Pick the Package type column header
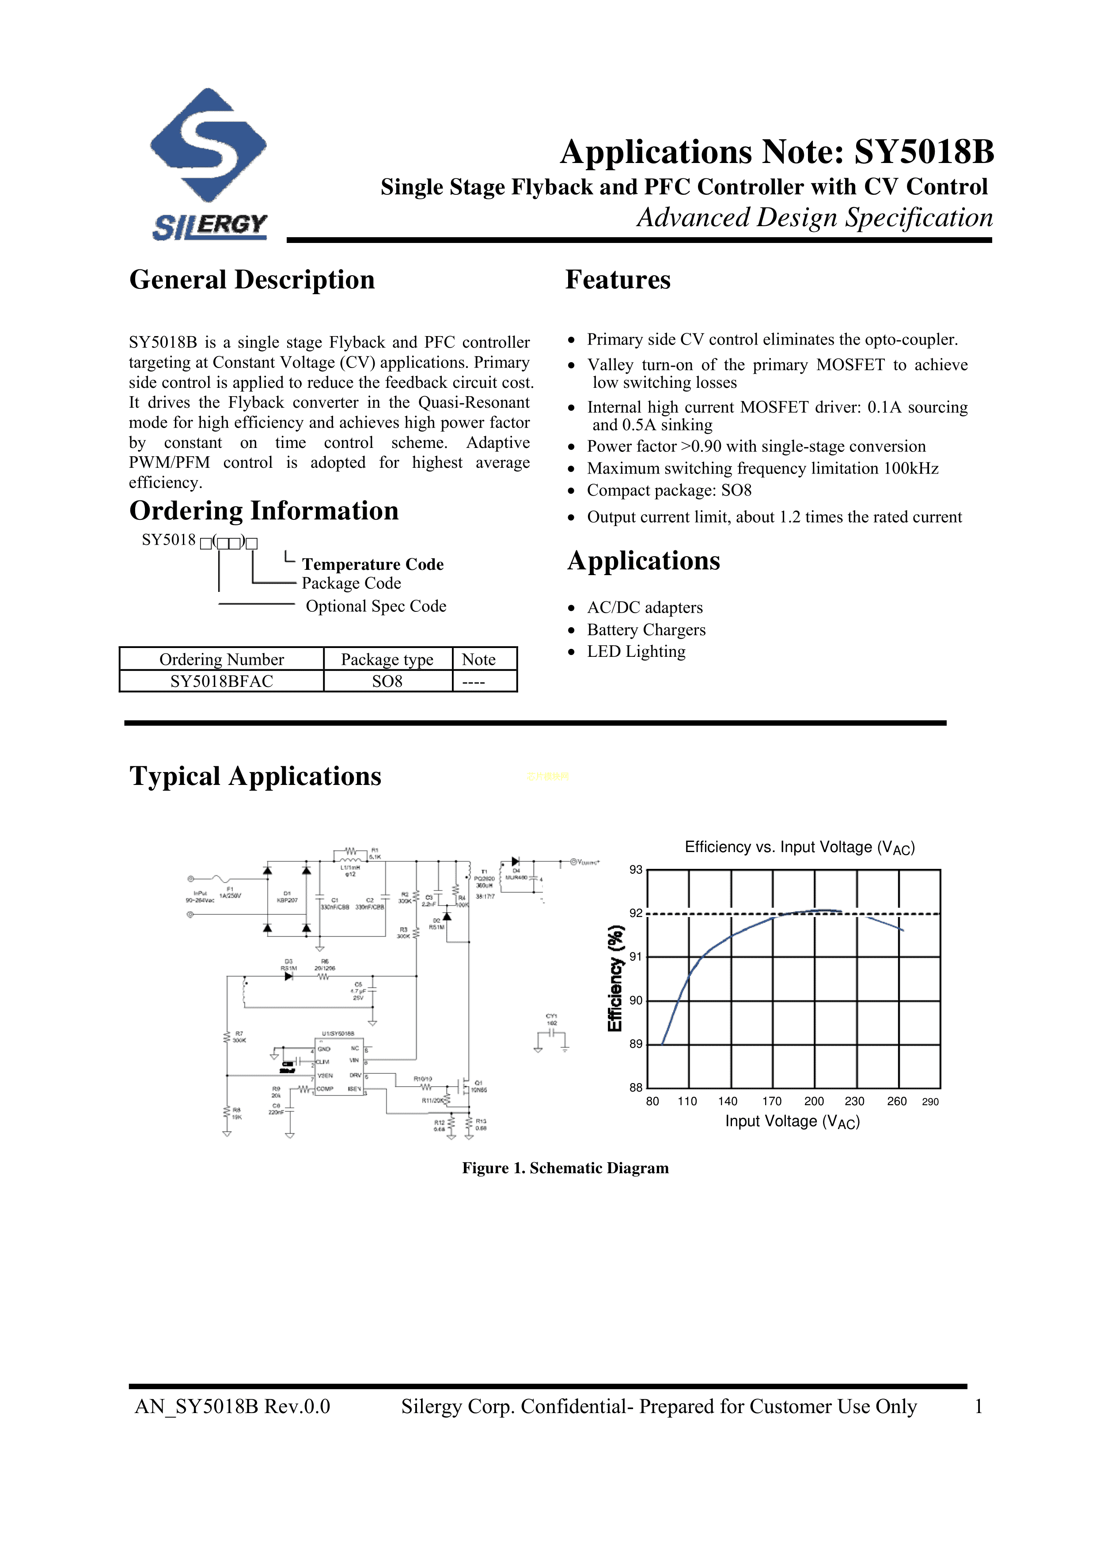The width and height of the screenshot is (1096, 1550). coord(387,659)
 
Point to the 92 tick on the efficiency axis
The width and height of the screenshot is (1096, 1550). coord(636,913)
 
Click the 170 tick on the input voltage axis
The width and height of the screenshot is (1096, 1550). coord(772,1101)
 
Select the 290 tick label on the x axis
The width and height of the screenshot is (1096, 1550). coord(930,1102)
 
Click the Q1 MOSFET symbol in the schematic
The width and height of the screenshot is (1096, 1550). coord(465,1086)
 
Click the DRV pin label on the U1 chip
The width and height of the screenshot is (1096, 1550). coord(355,1076)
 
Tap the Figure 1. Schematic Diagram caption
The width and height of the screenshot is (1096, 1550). coord(565,1168)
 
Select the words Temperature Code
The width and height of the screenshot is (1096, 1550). coord(373,565)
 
